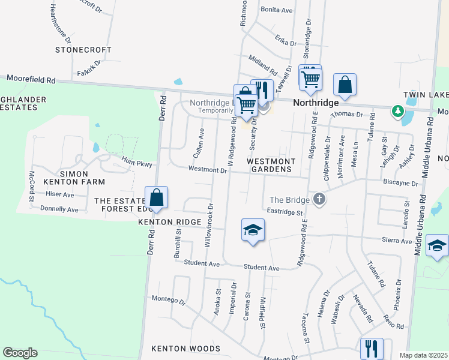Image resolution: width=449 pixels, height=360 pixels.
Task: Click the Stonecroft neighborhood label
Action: coord(83,50)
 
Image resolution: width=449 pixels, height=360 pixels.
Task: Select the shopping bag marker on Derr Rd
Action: coord(156,198)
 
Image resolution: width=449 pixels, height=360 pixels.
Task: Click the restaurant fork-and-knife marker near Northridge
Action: coord(262,91)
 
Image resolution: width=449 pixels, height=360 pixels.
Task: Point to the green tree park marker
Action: coord(397,111)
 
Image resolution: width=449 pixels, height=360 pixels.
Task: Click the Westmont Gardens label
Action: coord(271,166)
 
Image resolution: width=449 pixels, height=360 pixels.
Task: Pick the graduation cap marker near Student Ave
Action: coord(253,230)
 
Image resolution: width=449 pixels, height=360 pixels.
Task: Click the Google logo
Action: coord(20,353)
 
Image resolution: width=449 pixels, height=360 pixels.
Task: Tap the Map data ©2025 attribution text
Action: coord(423,355)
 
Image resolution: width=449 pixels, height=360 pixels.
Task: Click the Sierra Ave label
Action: coord(396,241)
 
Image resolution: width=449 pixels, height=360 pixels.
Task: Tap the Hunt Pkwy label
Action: coord(134,163)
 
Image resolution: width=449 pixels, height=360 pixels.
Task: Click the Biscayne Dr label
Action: coord(400,183)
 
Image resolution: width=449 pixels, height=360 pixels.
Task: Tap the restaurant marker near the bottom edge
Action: coord(371,349)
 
